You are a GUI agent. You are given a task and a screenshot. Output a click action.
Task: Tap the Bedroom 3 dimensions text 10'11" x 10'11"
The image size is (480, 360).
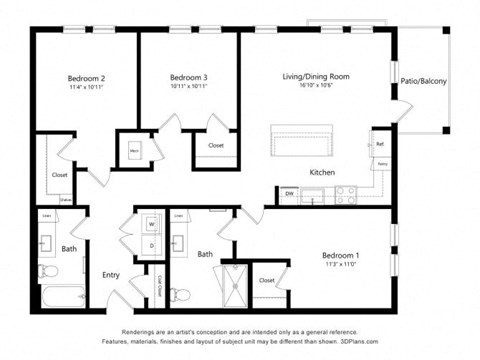click(x=188, y=87)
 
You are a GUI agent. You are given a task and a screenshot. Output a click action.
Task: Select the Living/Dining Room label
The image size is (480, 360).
click(x=315, y=76)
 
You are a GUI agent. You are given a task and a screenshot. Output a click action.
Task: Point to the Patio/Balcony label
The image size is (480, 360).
click(x=423, y=81)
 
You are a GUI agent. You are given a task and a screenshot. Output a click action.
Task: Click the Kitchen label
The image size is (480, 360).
click(x=321, y=172)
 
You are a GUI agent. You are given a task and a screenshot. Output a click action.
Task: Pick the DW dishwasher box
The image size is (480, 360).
click(x=289, y=193)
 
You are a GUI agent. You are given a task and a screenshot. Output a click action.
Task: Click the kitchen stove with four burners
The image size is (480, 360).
click(x=346, y=195)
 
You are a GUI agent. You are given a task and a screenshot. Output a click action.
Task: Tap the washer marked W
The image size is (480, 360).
click(x=151, y=225)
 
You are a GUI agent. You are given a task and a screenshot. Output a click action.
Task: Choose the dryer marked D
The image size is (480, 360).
click(x=151, y=244)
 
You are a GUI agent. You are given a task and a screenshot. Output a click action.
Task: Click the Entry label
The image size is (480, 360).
click(x=111, y=275)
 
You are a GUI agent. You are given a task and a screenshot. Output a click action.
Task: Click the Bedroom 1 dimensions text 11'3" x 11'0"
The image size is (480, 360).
click(x=340, y=265)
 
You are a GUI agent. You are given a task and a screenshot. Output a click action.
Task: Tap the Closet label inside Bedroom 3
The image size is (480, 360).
click(x=216, y=146)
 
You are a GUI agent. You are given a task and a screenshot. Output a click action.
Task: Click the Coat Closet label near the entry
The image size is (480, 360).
click(x=158, y=285)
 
